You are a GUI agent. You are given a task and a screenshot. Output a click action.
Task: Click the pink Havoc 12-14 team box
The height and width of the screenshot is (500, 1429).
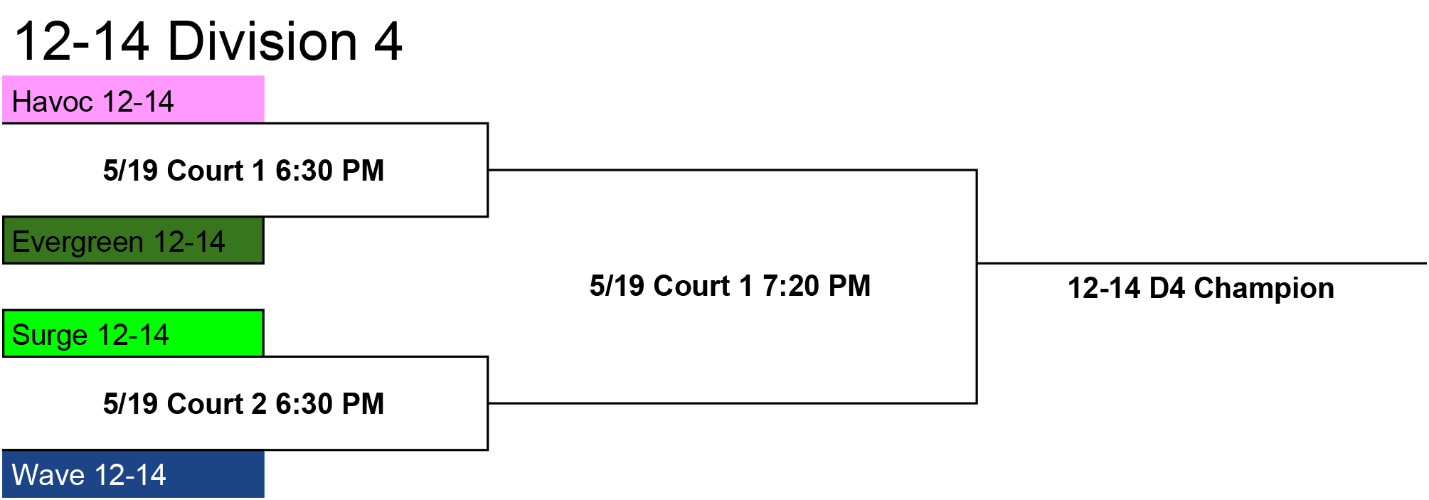[133, 99]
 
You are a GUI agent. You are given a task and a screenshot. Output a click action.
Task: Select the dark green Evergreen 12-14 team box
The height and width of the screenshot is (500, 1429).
[133, 240]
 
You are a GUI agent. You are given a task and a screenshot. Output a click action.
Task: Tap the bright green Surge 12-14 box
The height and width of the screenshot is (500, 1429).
[133, 333]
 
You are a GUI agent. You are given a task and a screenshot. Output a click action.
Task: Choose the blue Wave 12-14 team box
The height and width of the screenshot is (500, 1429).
[133, 474]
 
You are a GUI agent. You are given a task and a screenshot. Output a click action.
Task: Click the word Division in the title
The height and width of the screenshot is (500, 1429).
[262, 41]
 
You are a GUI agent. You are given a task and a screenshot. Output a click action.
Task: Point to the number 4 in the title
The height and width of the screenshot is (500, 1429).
[388, 41]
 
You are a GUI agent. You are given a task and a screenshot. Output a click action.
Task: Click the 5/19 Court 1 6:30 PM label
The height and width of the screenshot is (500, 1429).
[243, 171]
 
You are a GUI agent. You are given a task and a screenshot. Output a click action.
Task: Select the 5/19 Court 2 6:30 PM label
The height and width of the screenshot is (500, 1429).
[243, 404]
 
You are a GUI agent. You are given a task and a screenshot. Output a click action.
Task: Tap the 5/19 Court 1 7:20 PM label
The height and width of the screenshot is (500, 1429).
[730, 286]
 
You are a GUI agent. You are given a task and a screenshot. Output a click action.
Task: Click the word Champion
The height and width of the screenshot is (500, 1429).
[1264, 289]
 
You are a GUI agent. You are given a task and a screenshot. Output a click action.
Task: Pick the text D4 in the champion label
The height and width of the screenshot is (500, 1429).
[1167, 288]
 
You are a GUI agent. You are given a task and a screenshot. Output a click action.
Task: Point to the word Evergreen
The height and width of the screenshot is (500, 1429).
[78, 243]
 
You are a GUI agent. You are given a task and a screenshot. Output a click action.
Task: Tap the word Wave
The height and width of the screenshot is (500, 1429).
[48, 475]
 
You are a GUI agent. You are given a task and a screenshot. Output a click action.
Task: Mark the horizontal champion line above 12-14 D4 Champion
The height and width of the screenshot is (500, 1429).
[1201, 263]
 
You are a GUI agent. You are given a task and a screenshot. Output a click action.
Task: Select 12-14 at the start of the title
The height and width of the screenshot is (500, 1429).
[82, 41]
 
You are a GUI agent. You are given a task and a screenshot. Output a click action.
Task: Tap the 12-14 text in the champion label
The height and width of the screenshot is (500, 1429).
[1104, 288]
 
